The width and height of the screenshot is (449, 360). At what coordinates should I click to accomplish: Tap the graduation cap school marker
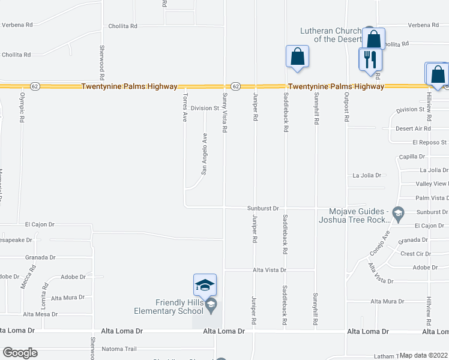click(205, 284)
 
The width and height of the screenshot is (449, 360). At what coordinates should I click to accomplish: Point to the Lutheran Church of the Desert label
click(332, 35)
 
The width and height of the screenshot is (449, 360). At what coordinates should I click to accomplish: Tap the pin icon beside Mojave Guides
click(397, 212)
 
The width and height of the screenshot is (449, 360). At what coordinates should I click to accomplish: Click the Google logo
click(20, 353)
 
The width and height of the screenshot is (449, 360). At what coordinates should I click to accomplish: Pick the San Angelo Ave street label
click(204, 154)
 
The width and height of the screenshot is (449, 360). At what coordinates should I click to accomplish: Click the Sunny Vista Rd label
click(224, 113)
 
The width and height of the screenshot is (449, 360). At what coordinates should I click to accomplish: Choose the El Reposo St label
click(429, 142)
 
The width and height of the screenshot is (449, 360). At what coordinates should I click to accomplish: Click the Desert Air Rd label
click(413, 128)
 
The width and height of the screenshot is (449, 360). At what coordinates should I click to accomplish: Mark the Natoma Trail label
click(119, 349)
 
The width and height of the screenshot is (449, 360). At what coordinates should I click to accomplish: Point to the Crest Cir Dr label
click(415, 254)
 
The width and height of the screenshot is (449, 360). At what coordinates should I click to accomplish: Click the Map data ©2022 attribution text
click(424, 355)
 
